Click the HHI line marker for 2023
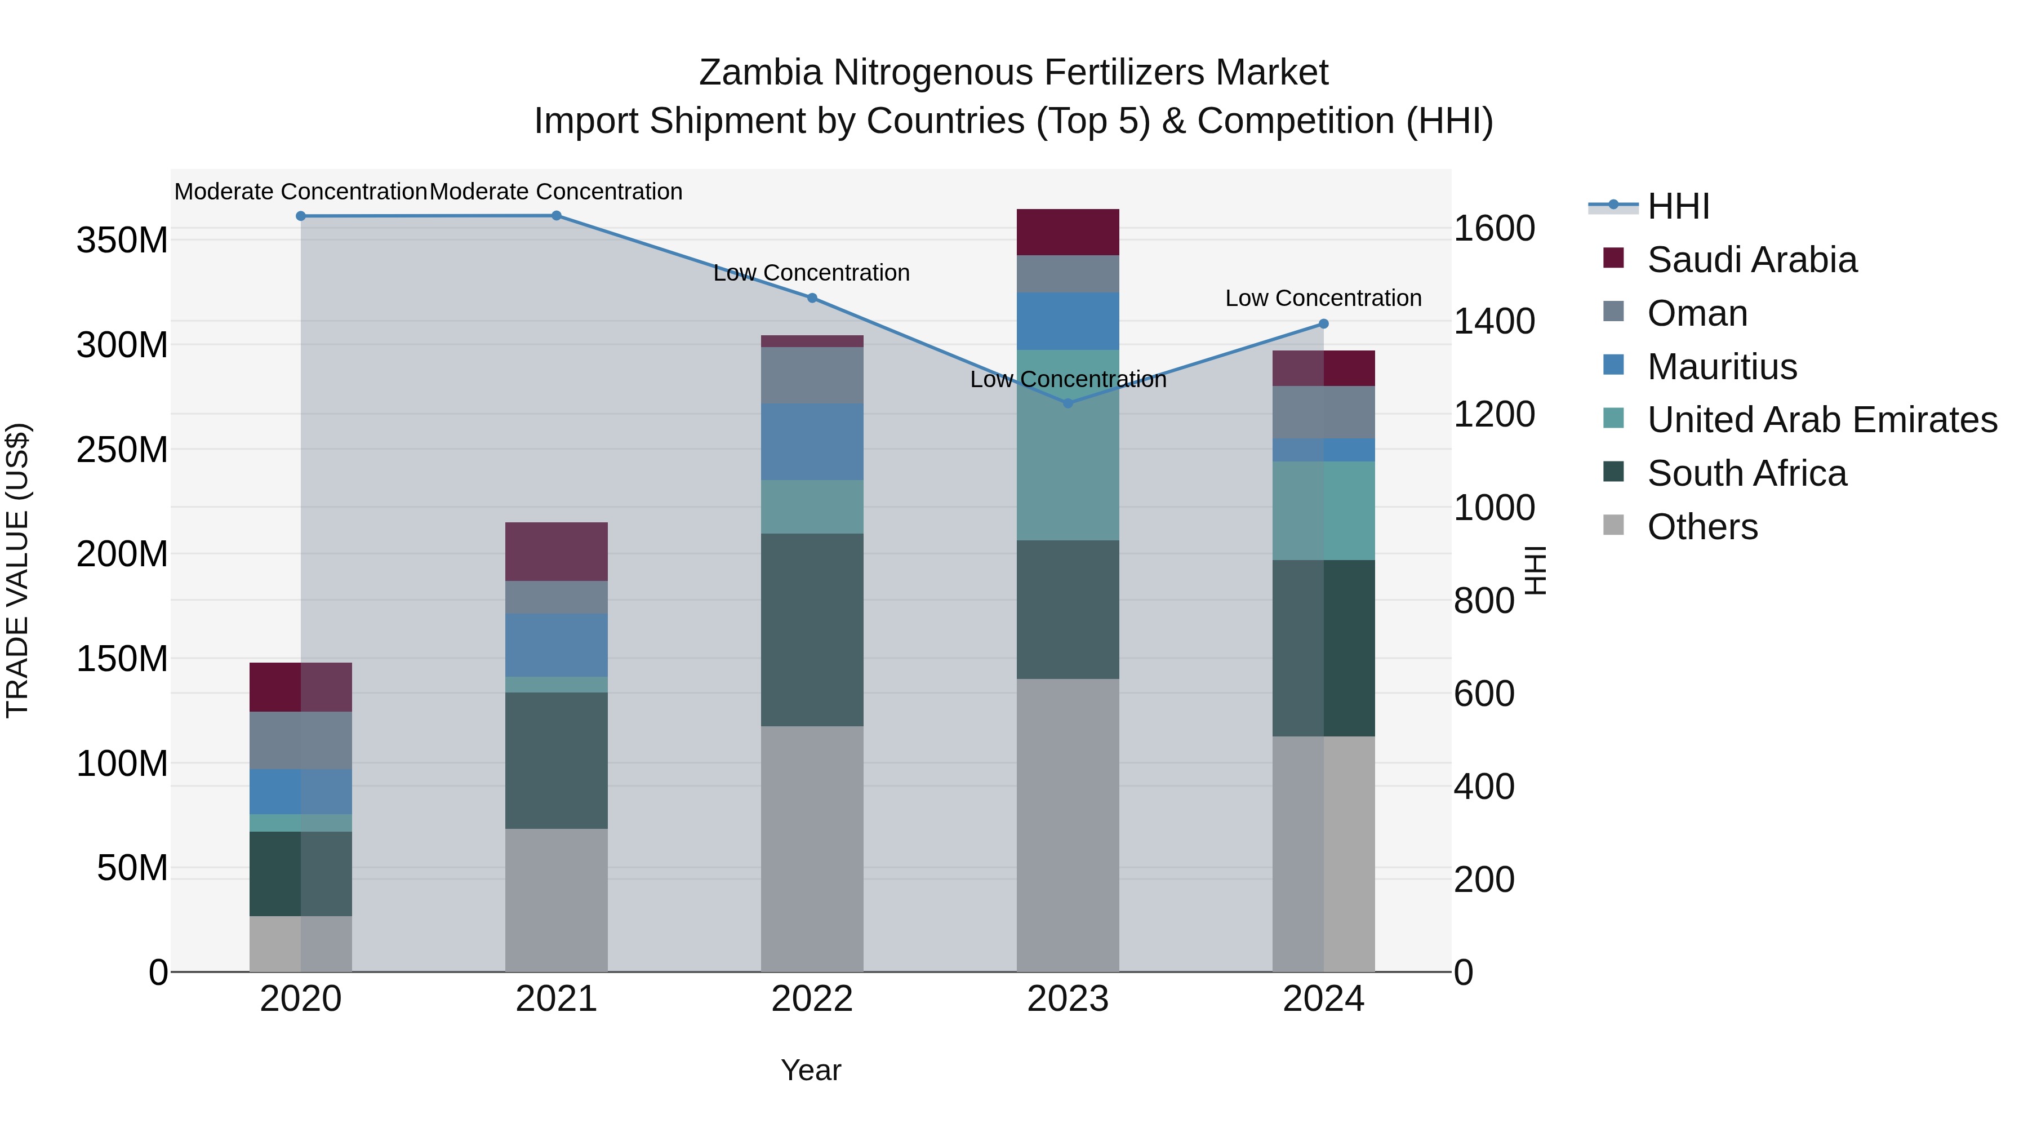pyautogui.click(x=1068, y=403)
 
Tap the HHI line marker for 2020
pyautogui.click(x=301, y=216)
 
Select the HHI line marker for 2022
pyautogui.click(x=812, y=298)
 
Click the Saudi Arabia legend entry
pyautogui.click(x=1751, y=260)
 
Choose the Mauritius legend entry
pyautogui.click(x=1722, y=367)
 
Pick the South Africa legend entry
pyautogui.click(x=1746, y=473)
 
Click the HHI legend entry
pyautogui.click(x=1677, y=206)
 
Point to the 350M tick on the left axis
pyautogui.click(x=122, y=240)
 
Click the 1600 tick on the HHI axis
pyautogui.click(x=1494, y=228)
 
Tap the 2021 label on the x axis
pyautogui.click(x=556, y=999)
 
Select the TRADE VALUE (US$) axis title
pyautogui.click(x=18, y=570)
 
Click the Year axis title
pyautogui.click(x=811, y=1070)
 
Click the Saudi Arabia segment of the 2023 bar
pyautogui.click(x=1068, y=232)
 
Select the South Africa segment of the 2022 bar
pyautogui.click(x=812, y=630)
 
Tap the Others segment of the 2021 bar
pyautogui.click(x=556, y=900)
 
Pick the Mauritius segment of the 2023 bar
pyautogui.click(x=1068, y=321)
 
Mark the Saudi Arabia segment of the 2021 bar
pyautogui.click(x=556, y=551)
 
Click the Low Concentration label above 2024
pyautogui.click(x=1323, y=299)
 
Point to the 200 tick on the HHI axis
pyautogui.click(x=1484, y=880)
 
